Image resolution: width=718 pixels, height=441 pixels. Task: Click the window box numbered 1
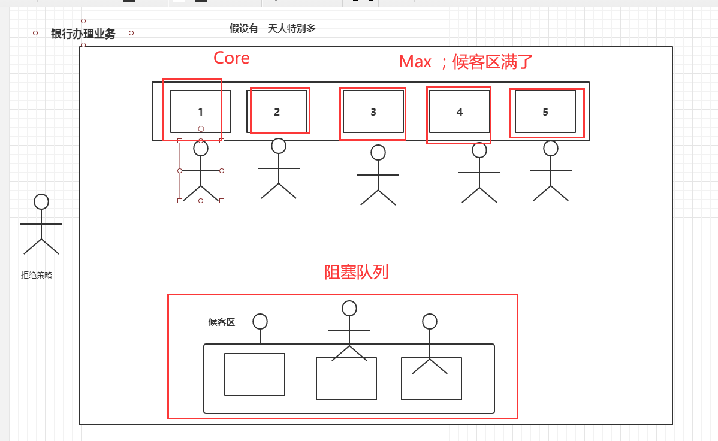pyautogui.click(x=200, y=111)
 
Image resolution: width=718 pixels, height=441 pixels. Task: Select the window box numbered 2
pyautogui.click(x=277, y=111)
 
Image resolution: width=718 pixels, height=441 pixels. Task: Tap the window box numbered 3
pyautogui.click(x=373, y=111)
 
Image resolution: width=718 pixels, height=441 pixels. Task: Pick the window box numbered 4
pyautogui.click(x=460, y=111)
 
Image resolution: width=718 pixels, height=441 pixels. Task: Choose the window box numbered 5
pyautogui.click(x=545, y=111)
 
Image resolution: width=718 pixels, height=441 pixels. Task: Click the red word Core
pyautogui.click(x=231, y=58)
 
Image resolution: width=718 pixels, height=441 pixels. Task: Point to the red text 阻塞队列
pyautogui.click(x=357, y=272)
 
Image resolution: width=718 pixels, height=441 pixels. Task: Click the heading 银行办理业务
pyautogui.click(x=83, y=34)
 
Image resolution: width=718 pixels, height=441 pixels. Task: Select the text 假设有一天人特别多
pyautogui.click(x=273, y=28)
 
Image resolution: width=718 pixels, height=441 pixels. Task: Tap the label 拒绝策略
pyautogui.click(x=37, y=275)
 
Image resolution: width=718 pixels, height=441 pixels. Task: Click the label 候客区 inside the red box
pyautogui.click(x=222, y=322)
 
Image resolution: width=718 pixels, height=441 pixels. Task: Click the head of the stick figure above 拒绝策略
pyautogui.click(x=41, y=202)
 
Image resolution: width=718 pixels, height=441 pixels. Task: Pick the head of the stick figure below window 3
pyautogui.click(x=378, y=153)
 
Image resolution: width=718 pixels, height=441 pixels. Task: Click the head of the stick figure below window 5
pyautogui.click(x=551, y=148)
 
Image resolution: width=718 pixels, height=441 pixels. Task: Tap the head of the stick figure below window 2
pyautogui.click(x=279, y=146)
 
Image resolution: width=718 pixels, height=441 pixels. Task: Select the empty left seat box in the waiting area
pyautogui.click(x=255, y=374)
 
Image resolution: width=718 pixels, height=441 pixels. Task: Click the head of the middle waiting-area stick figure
pyautogui.click(x=349, y=309)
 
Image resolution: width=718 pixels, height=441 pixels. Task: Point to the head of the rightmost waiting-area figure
pyautogui.click(x=430, y=322)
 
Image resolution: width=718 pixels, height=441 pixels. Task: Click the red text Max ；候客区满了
pyautogui.click(x=466, y=61)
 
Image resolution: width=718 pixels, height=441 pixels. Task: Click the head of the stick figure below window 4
pyautogui.click(x=479, y=150)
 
